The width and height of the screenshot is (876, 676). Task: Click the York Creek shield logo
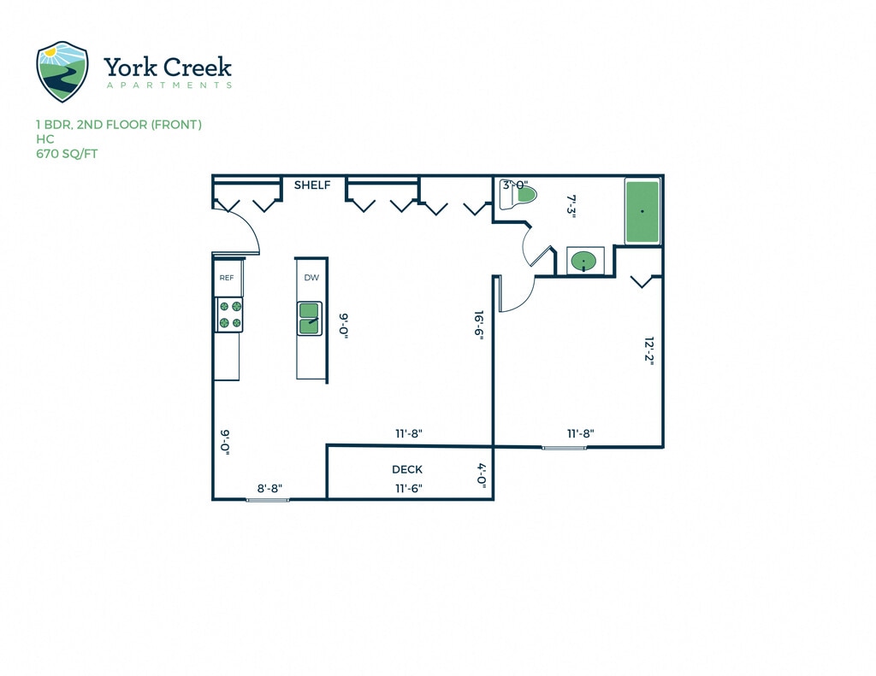[x=62, y=71]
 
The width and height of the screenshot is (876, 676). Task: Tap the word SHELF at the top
[x=312, y=185]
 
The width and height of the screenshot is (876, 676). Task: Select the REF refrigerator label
[x=227, y=278]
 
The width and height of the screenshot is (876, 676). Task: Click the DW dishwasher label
[x=311, y=278]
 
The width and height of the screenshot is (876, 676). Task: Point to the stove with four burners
[x=230, y=314]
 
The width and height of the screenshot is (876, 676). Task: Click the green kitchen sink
[x=309, y=317]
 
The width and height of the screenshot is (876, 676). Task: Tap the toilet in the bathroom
[x=523, y=197]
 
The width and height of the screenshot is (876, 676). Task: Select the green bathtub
[x=642, y=211]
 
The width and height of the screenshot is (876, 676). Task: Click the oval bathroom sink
[x=585, y=261]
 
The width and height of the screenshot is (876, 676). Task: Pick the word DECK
[x=407, y=469]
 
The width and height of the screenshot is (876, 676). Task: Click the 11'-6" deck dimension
[x=408, y=489]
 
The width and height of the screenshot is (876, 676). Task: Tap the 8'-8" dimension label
[x=269, y=489]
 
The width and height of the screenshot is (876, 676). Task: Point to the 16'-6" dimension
[x=480, y=326]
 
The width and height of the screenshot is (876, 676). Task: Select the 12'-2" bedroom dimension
[x=648, y=350]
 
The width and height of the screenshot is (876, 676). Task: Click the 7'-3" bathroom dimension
[x=574, y=207]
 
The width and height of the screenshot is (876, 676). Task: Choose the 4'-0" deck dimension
[x=482, y=474]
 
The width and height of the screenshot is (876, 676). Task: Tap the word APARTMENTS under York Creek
[x=169, y=85]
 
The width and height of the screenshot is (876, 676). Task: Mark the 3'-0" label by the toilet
[x=515, y=185]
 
